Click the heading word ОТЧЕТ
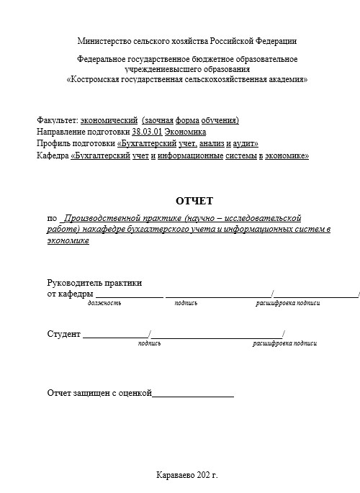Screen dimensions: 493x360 click(x=194, y=200)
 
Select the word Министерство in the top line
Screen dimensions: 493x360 click(x=103, y=42)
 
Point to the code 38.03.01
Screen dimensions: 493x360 click(x=147, y=132)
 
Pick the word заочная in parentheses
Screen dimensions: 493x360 click(x=158, y=120)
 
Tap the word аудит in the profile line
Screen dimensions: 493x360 click(x=244, y=143)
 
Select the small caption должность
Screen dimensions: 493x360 click(x=104, y=303)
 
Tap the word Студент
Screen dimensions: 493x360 click(x=63, y=333)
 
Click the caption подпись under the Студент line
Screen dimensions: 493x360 click(x=149, y=343)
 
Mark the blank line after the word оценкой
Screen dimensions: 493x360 click(x=193, y=394)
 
